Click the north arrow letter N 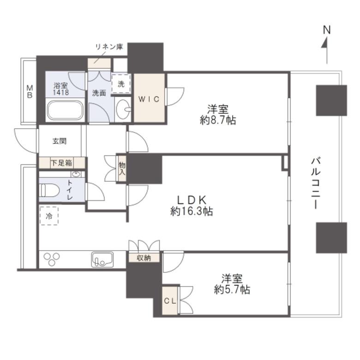pos(326,30)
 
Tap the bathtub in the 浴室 pos(65,110)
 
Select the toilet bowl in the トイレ pos(49,190)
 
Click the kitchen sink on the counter pos(102,260)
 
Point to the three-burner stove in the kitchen pos(52,259)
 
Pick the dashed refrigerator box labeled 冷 pos(49,216)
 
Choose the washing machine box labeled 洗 pos(121,84)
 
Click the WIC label pos(149,99)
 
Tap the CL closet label pos(170,301)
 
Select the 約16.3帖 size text pos(192,211)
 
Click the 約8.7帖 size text pos(218,120)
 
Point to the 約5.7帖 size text pos(232,290)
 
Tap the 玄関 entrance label pos(60,141)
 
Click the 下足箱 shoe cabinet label pos(61,163)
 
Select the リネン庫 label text pos(109,47)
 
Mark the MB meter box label pos(30,91)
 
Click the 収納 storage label pos(144,258)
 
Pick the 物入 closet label pos(122,168)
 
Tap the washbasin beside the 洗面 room pos(123,109)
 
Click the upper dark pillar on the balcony pos(331,100)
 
